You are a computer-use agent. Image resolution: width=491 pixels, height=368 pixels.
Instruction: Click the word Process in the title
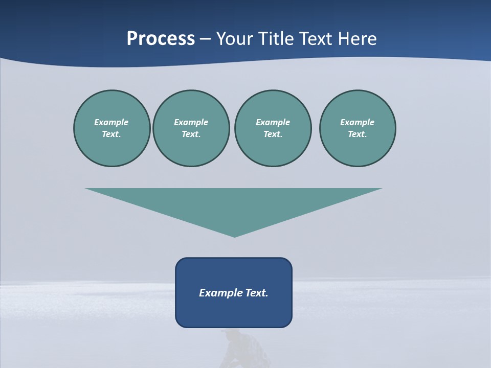(161, 39)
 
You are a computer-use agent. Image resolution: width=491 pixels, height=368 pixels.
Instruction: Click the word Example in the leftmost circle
(111, 122)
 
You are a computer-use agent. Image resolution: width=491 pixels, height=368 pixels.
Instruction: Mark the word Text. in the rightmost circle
(358, 134)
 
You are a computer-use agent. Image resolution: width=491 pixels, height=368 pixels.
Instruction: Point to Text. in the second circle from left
(191, 134)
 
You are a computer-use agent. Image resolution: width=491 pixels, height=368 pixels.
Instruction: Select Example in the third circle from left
(273, 122)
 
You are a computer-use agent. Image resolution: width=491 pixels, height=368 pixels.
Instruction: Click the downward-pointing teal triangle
(234, 204)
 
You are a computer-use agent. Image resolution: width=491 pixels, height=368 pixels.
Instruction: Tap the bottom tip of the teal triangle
(234, 236)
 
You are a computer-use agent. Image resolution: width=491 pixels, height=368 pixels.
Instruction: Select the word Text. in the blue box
(257, 293)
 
